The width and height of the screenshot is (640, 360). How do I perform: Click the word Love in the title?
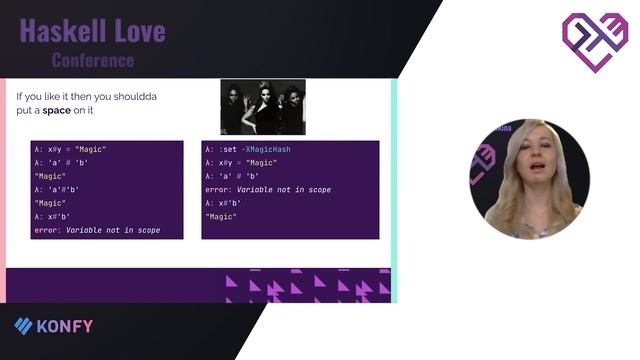click(141, 32)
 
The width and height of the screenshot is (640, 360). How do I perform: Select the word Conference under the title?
click(92, 60)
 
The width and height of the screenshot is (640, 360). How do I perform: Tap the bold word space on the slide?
click(57, 110)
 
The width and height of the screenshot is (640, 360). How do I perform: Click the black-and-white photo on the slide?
click(263, 107)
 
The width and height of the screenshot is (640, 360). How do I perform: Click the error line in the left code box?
click(96, 230)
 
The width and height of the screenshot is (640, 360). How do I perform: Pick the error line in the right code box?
click(267, 189)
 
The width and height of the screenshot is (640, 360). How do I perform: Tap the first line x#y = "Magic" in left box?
click(68, 149)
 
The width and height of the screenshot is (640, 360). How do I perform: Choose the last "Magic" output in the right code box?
click(222, 216)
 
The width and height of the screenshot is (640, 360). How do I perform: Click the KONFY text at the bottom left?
click(66, 325)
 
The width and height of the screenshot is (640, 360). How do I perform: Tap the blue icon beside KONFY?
click(23, 325)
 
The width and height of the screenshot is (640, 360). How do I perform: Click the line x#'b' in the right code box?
click(225, 203)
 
